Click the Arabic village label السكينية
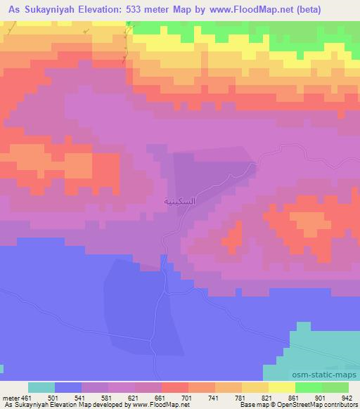pos(179,201)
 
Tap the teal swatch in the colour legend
pos(41,387)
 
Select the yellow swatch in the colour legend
pos(281,387)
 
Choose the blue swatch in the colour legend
pos(68,387)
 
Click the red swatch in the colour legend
pos(174,387)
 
